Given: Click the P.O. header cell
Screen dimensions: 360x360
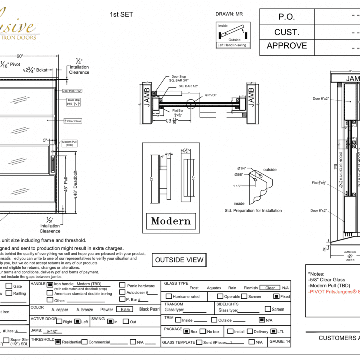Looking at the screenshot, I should pos(286,17).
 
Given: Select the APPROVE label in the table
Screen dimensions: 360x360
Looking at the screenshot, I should pos(286,46).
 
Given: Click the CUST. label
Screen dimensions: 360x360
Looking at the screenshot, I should pos(286,32).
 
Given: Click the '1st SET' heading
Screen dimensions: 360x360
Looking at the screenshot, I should pos(121,14).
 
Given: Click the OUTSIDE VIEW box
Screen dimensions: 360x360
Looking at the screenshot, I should pos(179,260).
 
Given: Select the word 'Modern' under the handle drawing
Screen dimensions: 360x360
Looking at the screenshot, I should pos(171,221).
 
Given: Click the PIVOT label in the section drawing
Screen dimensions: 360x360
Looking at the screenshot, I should pos(212,95).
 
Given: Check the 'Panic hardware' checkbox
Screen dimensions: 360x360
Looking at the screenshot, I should pos(122,285).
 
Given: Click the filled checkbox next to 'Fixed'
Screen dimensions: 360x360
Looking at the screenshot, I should pos(276,296).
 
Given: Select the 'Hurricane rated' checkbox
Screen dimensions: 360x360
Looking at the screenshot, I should pos(168,296).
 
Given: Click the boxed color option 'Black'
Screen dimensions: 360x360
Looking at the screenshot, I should pos(126,309).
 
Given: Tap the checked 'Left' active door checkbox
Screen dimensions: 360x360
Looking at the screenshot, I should pos(77,321).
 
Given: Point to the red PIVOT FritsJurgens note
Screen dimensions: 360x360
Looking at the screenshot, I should pos(333,292).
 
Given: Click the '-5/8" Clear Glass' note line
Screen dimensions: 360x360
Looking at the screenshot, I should pos(327,279).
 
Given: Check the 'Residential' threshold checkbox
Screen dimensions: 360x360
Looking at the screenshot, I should pos(58,342).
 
